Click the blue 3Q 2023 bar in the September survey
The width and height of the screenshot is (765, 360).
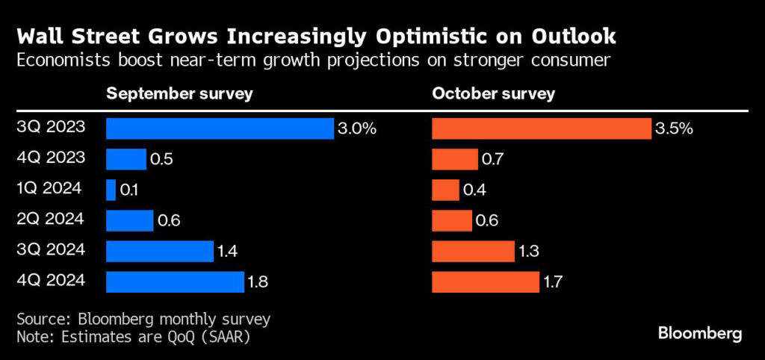[x=220, y=128]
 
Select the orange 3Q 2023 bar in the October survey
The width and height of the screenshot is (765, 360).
[x=541, y=128]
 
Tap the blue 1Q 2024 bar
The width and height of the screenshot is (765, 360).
[x=111, y=190]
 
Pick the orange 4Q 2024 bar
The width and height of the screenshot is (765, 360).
[x=486, y=282]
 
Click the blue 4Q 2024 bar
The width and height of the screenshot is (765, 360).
[x=175, y=282]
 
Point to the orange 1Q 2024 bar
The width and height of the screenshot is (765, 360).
[x=445, y=190]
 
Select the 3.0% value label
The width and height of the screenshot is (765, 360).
[x=356, y=128]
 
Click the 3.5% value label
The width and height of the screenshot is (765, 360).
[x=675, y=128]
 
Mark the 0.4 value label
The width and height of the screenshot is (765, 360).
[x=475, y=190]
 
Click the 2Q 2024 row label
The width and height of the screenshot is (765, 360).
[x=51, y=220]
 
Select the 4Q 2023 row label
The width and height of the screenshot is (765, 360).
[x=51, y=158]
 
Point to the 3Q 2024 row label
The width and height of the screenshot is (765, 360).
[x=51, y=250]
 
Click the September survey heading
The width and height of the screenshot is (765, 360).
[x=179, y=94]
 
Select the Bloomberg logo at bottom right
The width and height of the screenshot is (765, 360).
[x=699, y=333]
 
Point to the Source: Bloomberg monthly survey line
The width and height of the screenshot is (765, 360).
[x=142, y=319]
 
